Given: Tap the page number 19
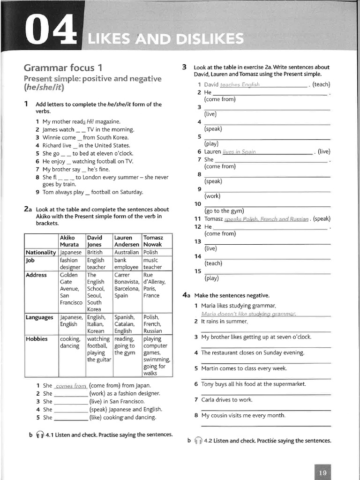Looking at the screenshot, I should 322,472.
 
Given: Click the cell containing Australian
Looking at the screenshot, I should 127,252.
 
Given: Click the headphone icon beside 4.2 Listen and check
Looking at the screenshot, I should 198,441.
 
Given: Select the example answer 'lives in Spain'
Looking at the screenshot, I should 239,152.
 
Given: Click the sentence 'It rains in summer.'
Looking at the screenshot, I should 224,322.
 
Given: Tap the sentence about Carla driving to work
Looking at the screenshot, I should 226,400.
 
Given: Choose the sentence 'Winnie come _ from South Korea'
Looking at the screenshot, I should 85,137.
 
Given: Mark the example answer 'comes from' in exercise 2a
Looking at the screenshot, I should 71,386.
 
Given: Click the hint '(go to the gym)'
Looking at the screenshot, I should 224,211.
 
